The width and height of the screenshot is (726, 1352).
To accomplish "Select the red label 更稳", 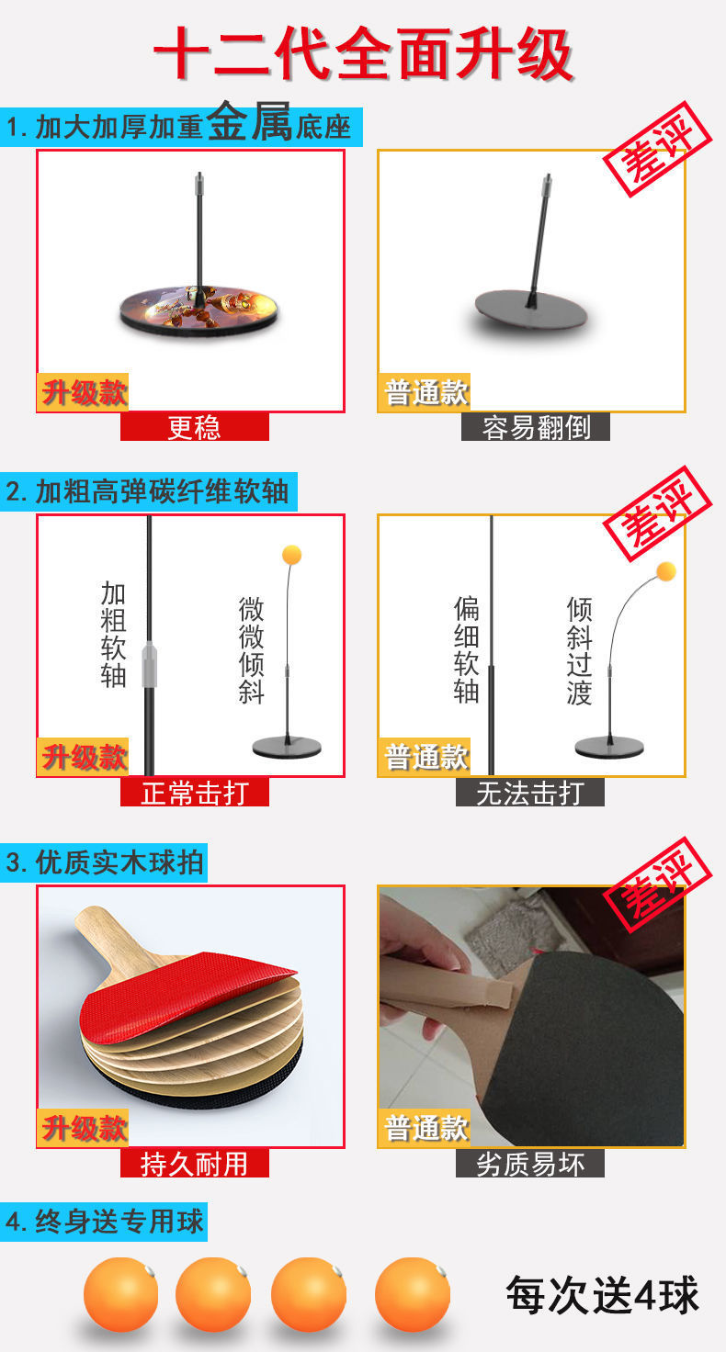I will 194,427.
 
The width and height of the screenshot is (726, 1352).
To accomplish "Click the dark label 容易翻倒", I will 535,427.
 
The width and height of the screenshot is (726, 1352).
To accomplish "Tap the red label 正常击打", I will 194,792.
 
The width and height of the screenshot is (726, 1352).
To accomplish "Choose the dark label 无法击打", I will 530,792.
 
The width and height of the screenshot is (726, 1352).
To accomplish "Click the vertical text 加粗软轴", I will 113,635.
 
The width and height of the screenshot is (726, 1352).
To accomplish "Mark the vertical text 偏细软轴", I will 466,649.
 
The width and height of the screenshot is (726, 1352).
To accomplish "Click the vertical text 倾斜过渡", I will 579,651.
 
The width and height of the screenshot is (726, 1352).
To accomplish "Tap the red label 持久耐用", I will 194,1164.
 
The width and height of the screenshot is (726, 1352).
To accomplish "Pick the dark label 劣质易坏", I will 530,1164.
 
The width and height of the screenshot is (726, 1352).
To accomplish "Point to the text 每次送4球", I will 602,1296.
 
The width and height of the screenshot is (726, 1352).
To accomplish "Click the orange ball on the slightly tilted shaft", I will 291,555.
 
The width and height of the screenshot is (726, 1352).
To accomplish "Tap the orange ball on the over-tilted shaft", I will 666,571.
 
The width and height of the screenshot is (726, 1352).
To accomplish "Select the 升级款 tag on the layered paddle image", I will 84,1127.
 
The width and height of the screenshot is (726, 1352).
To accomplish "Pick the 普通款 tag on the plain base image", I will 425,392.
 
